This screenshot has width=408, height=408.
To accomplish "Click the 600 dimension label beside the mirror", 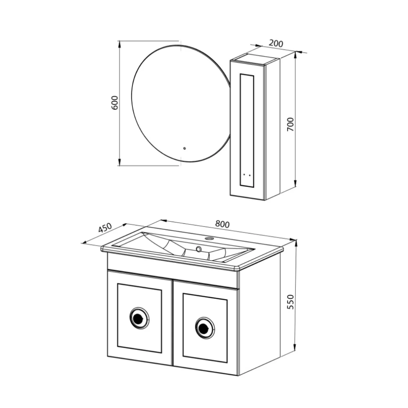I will [x=115, y=102].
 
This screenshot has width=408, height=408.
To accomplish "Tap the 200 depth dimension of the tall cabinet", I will [x=276, y=44].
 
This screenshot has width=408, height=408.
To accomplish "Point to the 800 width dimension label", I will [x=223, y=224].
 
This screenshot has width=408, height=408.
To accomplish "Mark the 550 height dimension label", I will [x=290, y=301].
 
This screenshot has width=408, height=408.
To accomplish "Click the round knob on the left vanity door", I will [x=139, y=318].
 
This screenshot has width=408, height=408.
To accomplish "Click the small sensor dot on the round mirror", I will [x=185, y=148].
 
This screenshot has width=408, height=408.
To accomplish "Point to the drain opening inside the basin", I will [x=198, y=249].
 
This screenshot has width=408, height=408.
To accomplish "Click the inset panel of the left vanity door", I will [x=139, y=318].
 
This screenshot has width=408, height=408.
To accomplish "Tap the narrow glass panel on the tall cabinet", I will [x=247, y=129].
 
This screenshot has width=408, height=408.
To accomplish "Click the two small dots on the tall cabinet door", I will [x=247, y=175].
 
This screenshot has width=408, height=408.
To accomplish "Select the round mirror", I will [x=177, y=104].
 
